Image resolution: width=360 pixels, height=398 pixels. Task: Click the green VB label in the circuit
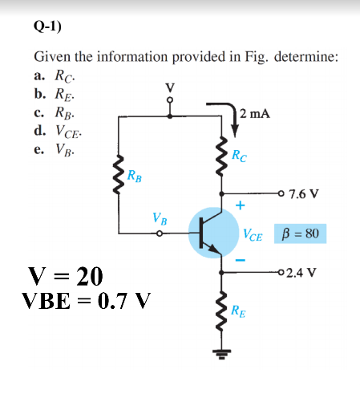160,218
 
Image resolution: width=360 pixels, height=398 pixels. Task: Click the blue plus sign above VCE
239,205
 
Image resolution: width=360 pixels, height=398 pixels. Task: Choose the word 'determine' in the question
305,57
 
